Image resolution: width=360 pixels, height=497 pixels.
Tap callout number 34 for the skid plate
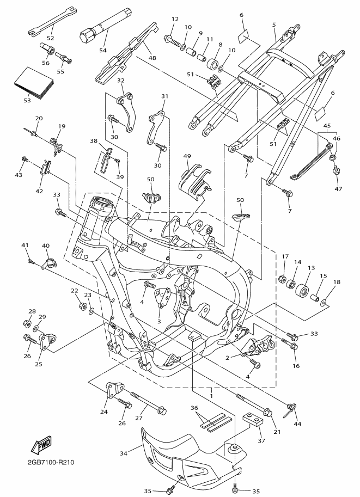(x=123, y=452)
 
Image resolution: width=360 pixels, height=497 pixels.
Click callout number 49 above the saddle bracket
(x=187, y=156)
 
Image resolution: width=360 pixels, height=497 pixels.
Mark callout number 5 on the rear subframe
(x=274, y=24)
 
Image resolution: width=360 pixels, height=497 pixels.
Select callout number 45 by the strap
(x=326, y=126)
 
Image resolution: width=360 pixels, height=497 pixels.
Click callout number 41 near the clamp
(x=25, y=246)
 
